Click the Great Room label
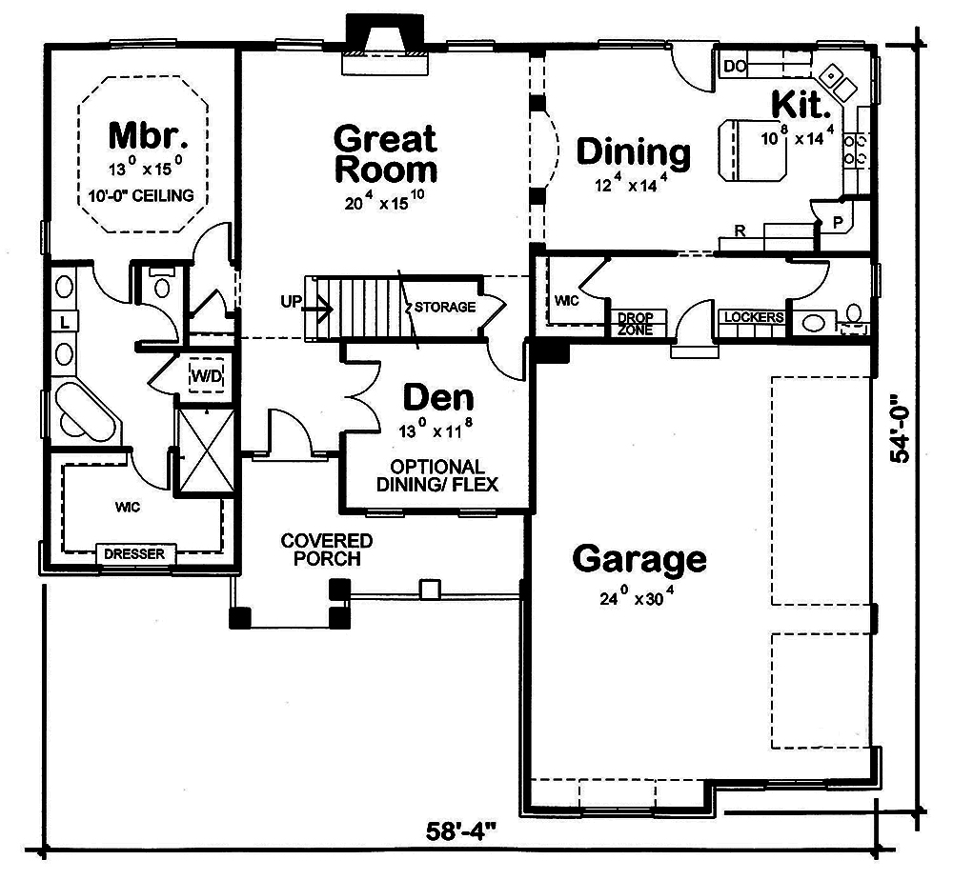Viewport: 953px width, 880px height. tap(385, 153)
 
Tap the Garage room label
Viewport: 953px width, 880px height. tap(639, 559)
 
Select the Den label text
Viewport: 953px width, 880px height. tap(437, 397)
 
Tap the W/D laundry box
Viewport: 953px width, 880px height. tap(206, 375)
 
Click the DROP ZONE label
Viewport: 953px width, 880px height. tap(636, 322)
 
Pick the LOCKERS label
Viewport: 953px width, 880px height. tap(753, 317)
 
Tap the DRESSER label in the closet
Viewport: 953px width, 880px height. tap(134, 553)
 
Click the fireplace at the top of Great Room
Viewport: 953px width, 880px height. tap(385, 44)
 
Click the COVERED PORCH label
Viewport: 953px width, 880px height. tap(326, 550)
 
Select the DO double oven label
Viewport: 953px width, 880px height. tap(733, 66)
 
